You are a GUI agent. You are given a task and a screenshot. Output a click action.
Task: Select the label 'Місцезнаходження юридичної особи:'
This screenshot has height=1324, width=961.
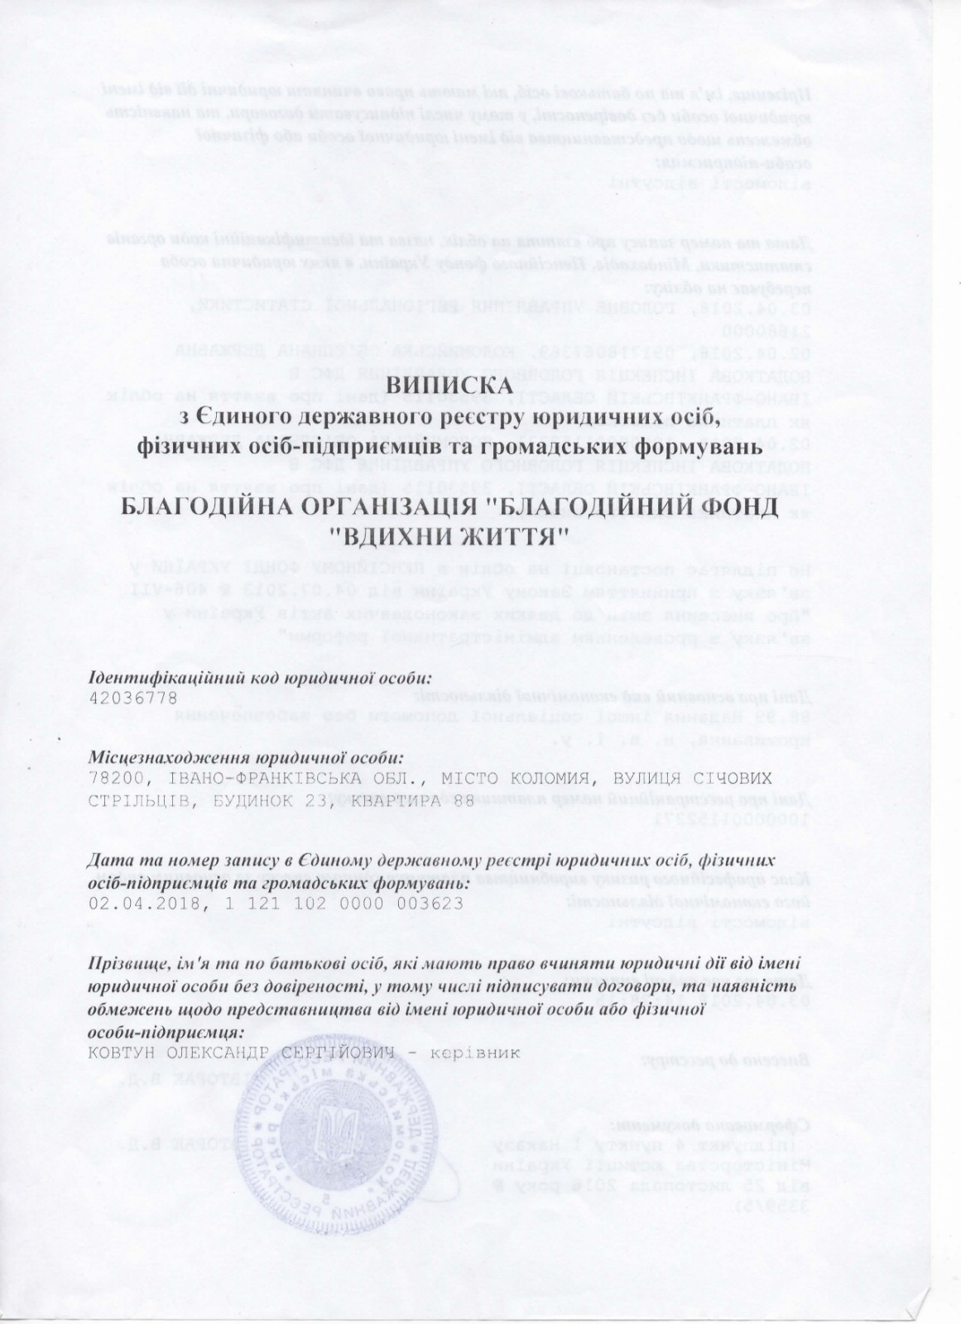[246, 758]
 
